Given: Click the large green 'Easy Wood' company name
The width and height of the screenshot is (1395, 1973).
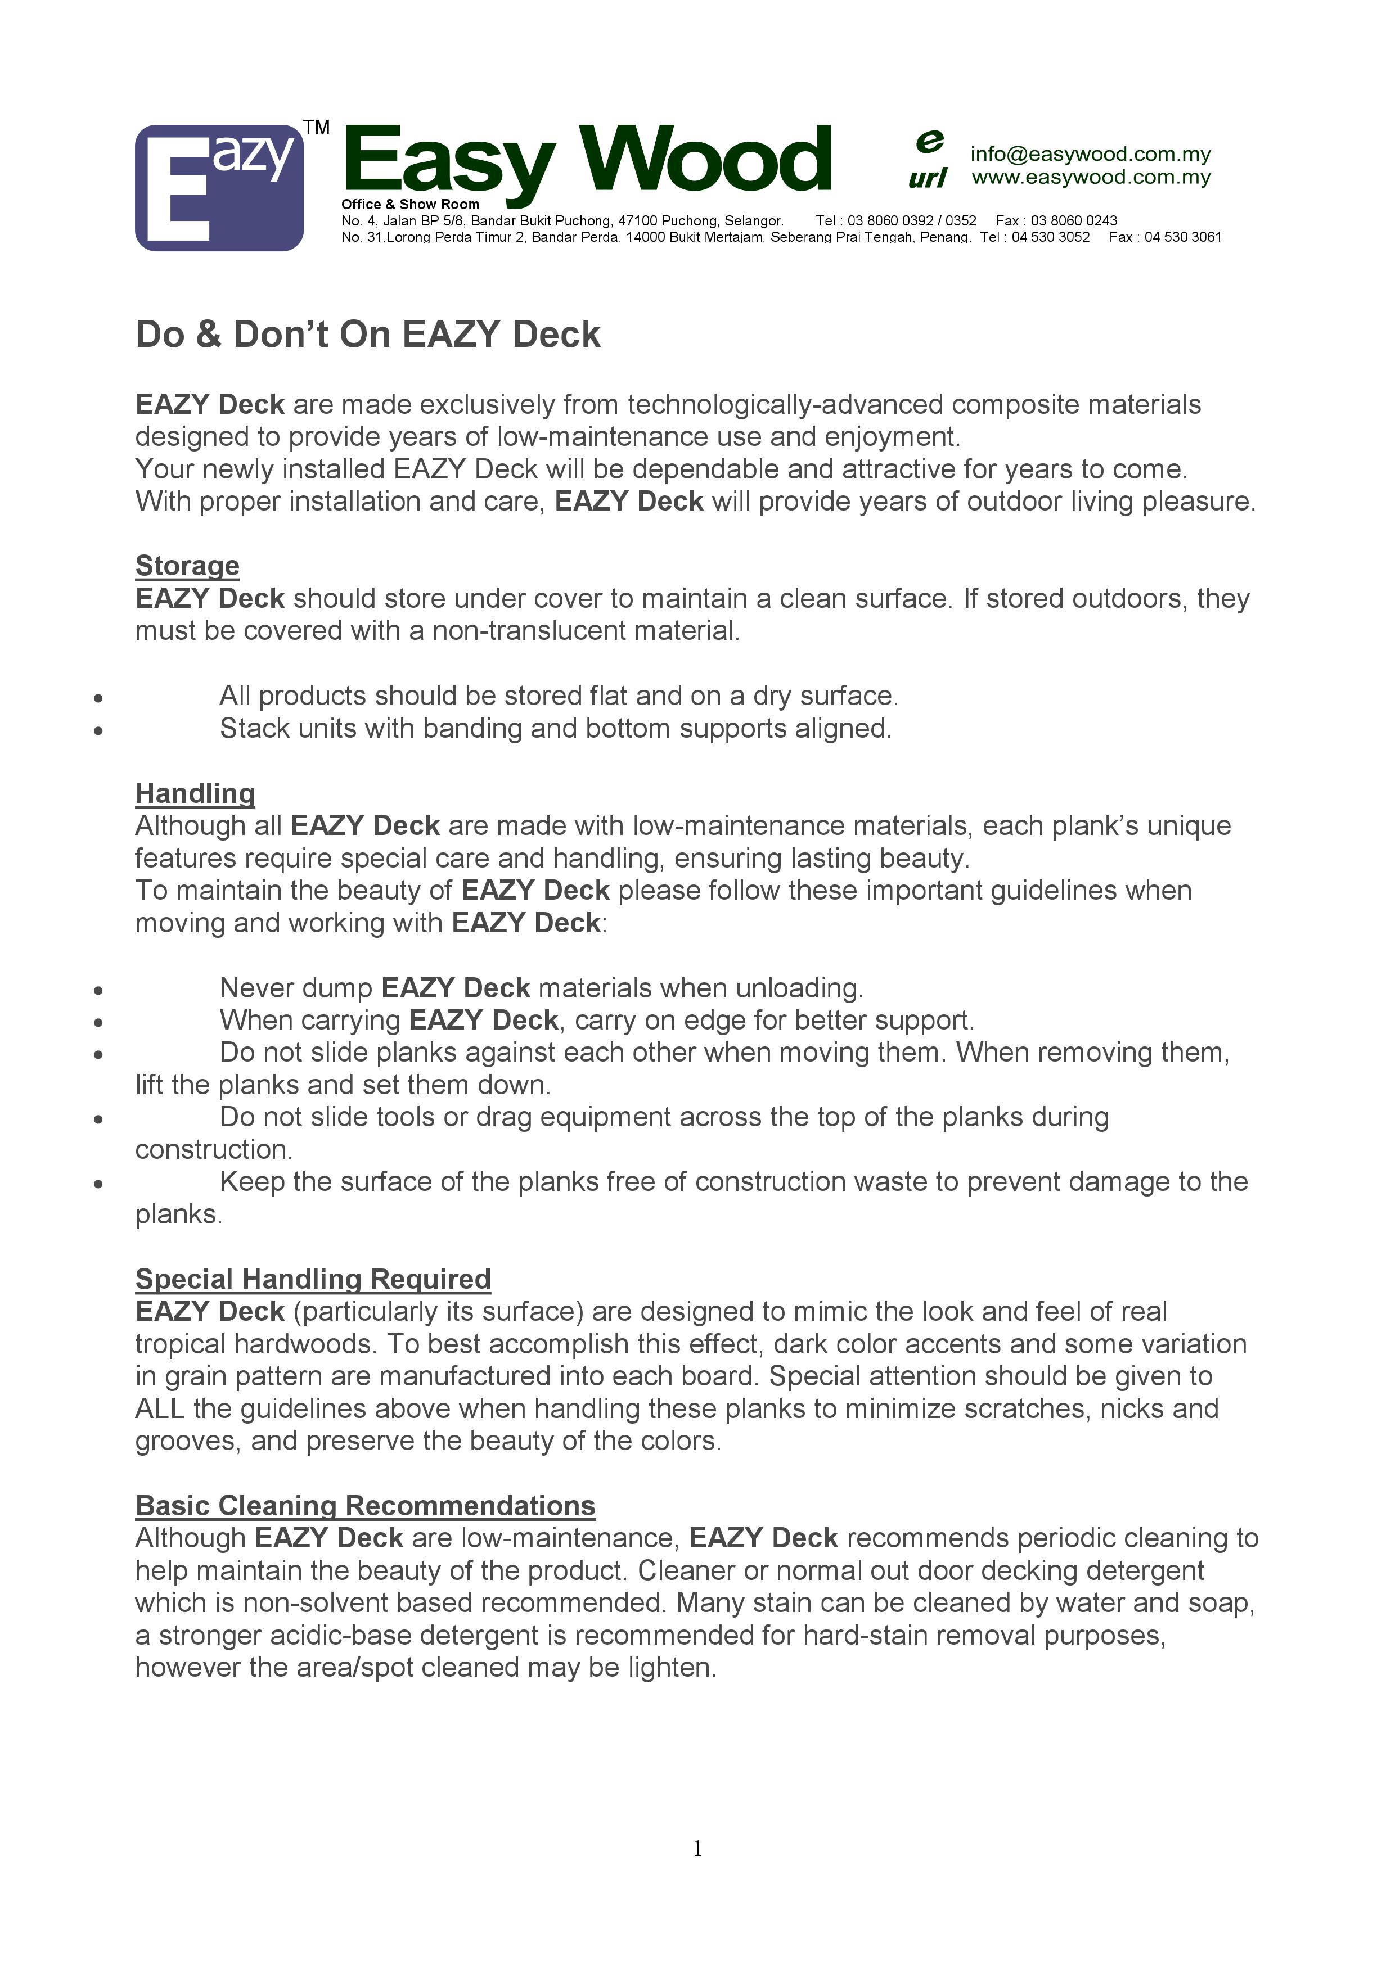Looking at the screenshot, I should (x=587, y=161).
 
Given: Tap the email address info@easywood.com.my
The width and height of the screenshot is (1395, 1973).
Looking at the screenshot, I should (x=1090, y=154).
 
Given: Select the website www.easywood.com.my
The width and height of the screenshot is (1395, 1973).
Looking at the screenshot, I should (x=1091, y=177).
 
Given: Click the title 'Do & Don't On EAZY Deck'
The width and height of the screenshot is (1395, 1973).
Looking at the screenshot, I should (x=368, y=335).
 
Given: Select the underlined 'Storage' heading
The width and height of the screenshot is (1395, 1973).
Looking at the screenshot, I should (x=187, y=566).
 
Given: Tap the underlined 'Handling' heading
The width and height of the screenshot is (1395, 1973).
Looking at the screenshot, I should (x=195, y=793).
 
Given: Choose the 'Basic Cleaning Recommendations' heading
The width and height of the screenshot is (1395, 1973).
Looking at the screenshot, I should (x=365, y=1506).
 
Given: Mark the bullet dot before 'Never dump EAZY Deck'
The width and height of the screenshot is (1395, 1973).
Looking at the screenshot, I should (x=99, y=990).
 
